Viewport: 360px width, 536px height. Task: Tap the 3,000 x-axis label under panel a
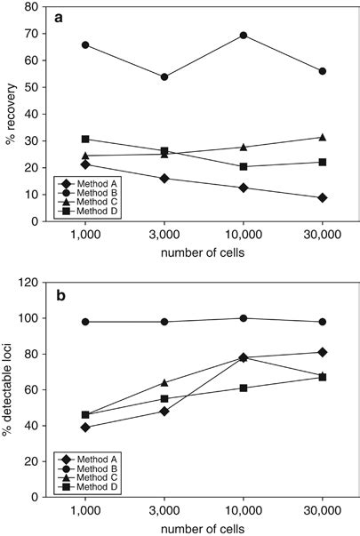tap(155, 237)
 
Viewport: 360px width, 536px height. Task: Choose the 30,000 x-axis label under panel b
tap(323, 512)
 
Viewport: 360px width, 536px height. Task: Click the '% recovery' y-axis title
tap(10, 115)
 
